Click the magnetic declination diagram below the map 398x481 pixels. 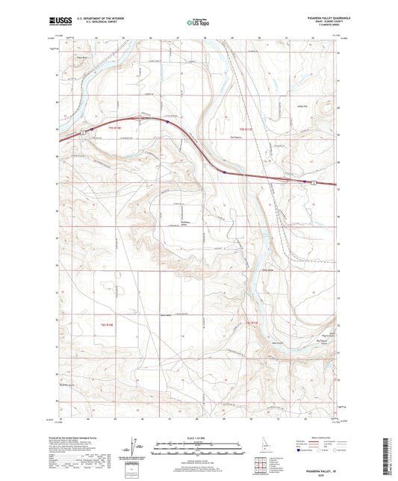(x=139, y=446)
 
